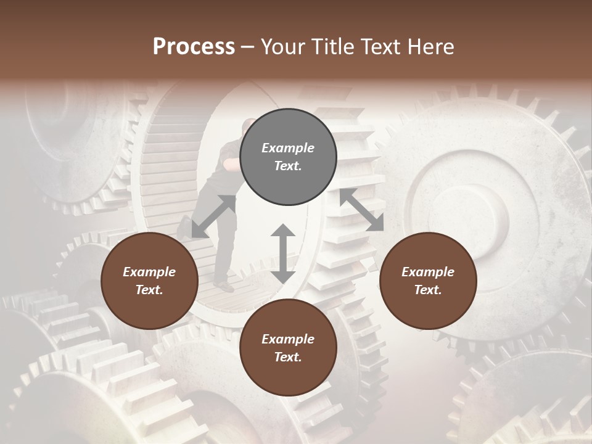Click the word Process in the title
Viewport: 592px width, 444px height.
click(x=194, y=47)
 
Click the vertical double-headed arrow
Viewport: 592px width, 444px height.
click(x=283, y=253)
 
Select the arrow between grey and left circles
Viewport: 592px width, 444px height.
click(x=214, y=216)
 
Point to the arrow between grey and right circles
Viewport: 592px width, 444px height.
click(x=362, y=210)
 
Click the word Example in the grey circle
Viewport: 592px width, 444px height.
click(x=288, y=148)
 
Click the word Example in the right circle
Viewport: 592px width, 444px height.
click(x=428, y=272)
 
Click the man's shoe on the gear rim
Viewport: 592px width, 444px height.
click(x=224, y=287)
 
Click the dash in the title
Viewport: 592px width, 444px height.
click(x=247, y=47)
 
